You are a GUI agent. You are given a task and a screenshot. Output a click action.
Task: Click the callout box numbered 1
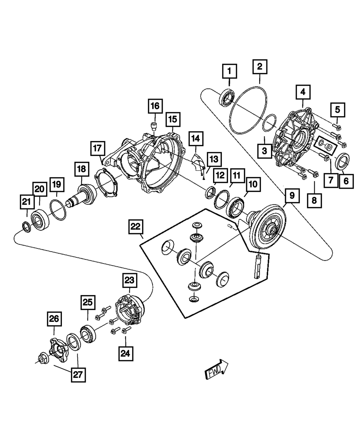click(229, 71)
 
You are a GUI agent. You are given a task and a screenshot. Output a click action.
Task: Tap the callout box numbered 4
click(303, 92)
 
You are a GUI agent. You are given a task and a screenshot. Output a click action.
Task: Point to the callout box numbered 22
click(135, 227)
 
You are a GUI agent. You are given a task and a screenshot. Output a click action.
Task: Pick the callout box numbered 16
click(154, 106)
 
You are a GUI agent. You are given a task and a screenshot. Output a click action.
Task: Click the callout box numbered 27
click(78, 375)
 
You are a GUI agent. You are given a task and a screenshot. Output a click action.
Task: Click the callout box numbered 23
click(129, 280)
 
